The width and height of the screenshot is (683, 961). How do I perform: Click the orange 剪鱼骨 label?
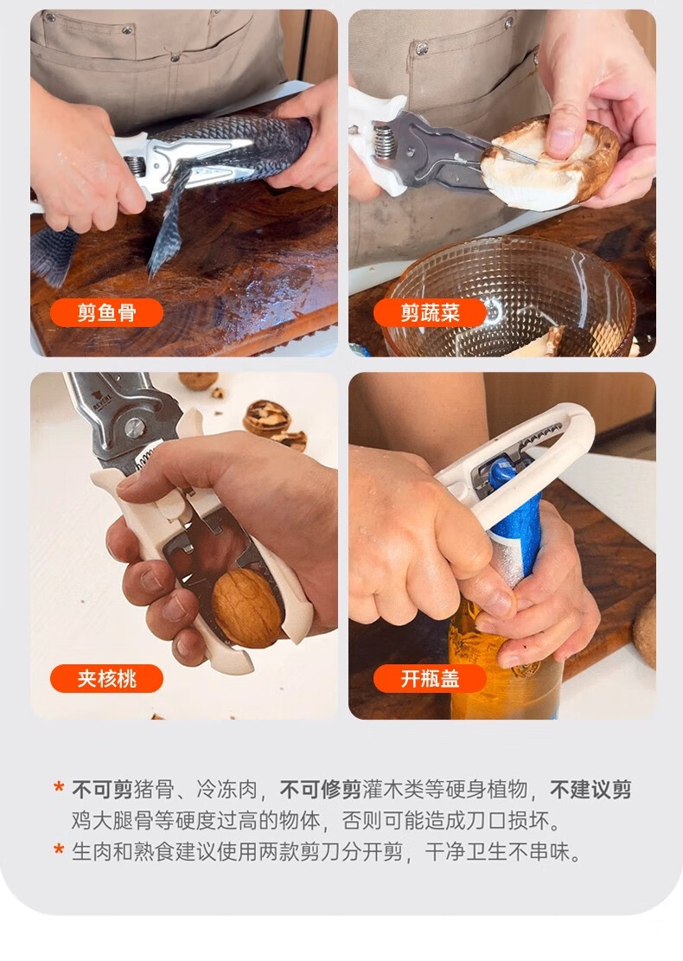[x=106, y=313]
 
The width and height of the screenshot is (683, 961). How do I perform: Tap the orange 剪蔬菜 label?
[x=430, y=313]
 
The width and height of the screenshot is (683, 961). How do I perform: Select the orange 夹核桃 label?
[x=106, y=678]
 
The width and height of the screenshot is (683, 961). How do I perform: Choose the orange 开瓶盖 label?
[x=430, y=678]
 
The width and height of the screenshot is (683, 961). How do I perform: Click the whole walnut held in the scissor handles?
[x=247, y=607]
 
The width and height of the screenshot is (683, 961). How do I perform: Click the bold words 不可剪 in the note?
[x=102, y=790]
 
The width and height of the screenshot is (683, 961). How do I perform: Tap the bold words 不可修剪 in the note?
[x=321, y=790]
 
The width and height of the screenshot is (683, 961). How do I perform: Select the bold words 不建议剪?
[x=590, y=790]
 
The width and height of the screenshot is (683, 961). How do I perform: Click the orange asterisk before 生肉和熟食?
[x=59, y=849]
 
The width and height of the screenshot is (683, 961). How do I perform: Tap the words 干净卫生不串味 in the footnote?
[x=502, y=852]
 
